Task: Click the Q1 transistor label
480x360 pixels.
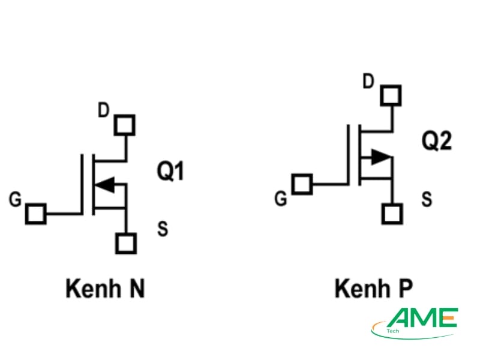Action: (170, 172)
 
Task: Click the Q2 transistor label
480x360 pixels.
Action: (436, 142)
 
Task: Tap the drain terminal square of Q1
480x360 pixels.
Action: (125, 125)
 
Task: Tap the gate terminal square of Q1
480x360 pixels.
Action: (36, 214)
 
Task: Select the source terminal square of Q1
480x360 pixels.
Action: (126, 243)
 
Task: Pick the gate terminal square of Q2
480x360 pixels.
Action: (302, 184)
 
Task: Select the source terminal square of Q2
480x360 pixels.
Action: (392, 214)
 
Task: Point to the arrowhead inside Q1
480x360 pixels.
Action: (106, 185)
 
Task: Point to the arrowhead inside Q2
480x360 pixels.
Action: (380, 157)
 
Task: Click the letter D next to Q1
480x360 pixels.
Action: (104, 110)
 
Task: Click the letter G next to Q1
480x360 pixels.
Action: (16, 199)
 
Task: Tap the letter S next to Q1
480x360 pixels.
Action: (163, 228)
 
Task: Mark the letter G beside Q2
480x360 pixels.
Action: (280, 199)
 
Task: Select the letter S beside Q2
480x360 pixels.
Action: (427, 199)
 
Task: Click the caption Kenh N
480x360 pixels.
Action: (106, 289)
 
